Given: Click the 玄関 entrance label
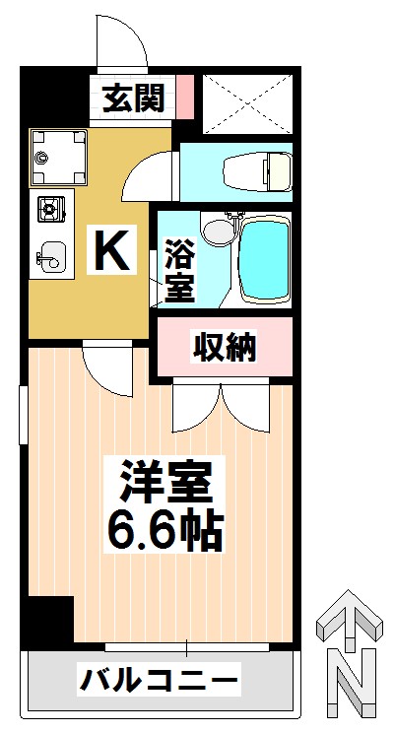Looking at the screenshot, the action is pos(133,99).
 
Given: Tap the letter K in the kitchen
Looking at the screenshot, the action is pos(111,249).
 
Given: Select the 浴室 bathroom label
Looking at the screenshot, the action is pos(180,270).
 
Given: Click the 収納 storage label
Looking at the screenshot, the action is pos(225,347).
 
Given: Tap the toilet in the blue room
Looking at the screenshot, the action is pos(257,171).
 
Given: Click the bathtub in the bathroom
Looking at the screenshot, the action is pos(264,258).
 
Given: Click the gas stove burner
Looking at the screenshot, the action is pos(51,209).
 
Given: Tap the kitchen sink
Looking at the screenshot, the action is pos(52,256).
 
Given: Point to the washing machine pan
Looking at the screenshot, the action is pos(58,158).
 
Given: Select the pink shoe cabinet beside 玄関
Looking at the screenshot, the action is pos(185,97).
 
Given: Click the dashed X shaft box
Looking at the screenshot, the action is pos(247,103).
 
